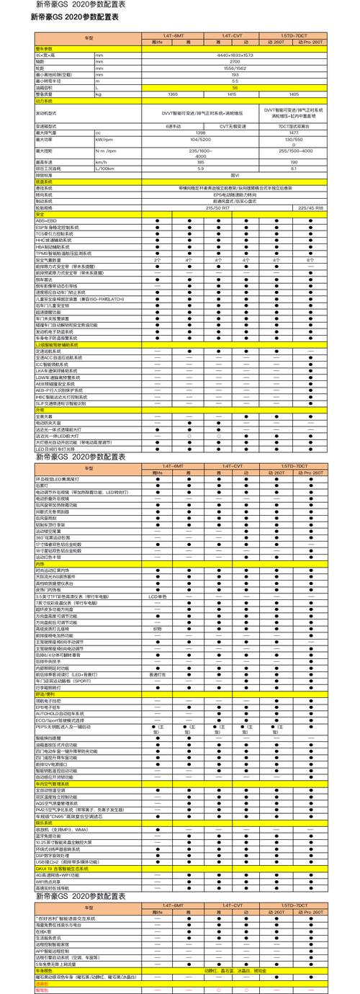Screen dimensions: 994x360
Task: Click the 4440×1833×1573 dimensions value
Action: coord(234,55)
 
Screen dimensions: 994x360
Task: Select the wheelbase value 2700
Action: coord(234,61)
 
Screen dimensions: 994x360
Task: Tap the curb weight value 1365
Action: coord(172,94)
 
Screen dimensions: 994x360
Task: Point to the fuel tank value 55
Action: coord(234,88)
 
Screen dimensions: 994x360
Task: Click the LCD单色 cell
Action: coord(157,596)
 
